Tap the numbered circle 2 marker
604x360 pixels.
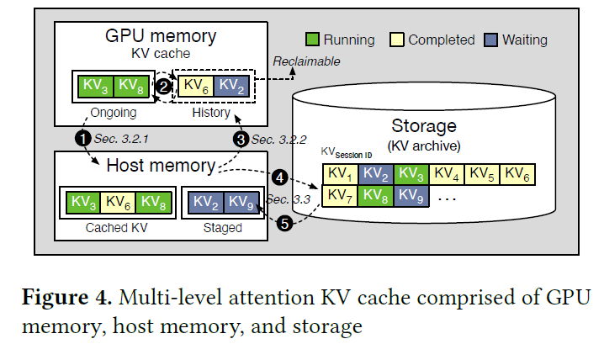pyautogui.click(x=166, y=84)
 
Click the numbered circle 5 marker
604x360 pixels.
pyautogui.click(x=284, y=225)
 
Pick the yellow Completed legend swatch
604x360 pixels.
pyautogui.click(x=395, y=40)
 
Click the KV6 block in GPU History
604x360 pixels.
pyautogui.click(x=193, y=86)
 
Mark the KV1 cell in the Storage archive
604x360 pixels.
pyautogui.click(x=340, y=175)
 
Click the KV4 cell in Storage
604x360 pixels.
pyautogui.click(x=447, y=175)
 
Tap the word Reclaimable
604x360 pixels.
pyautogui.click(x=306, y=61)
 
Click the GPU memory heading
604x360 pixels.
pyautogui.click(x=160, y=35)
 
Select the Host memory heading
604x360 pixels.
pyautogui.click(x=159, y=166)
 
